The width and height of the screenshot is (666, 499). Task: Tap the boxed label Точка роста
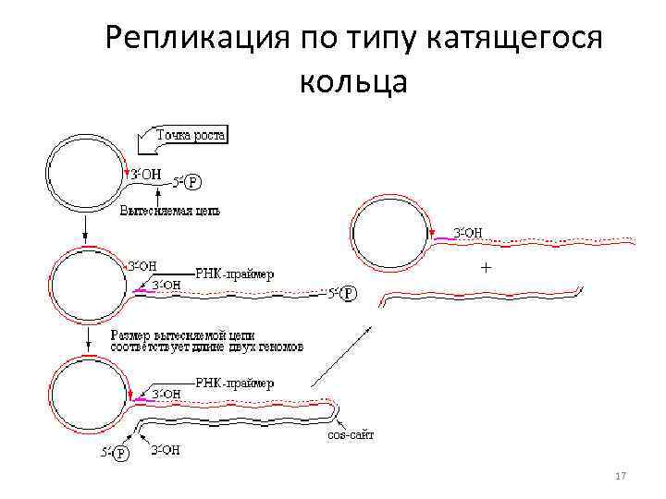191,137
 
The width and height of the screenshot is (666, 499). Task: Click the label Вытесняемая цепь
170,211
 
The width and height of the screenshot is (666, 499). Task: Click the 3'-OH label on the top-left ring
147,172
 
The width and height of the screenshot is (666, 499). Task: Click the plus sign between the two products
485,267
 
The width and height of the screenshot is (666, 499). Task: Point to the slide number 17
621,476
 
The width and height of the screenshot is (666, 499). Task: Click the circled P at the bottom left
122,453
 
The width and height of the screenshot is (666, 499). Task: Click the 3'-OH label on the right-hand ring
467,232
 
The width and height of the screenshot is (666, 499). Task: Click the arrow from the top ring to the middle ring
84,228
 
